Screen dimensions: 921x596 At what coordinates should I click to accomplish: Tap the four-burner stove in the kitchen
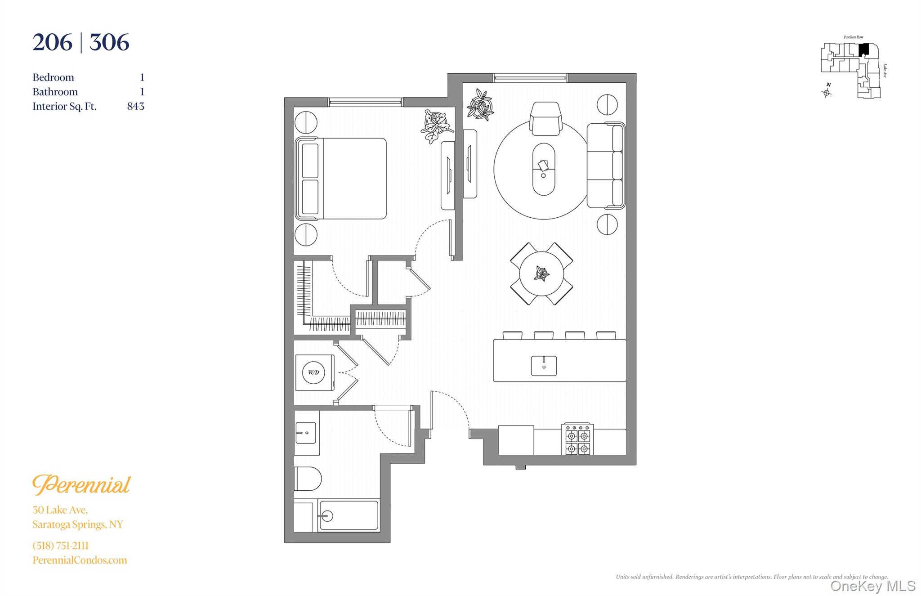pyautogui.click(x=578, y=439)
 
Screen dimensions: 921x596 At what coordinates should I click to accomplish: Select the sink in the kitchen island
pyautogui.click(x=544, y=366)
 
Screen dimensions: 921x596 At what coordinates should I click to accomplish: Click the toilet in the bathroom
pyautogui.click(x=308, y=478)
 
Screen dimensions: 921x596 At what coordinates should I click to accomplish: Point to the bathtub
pyautogui.click(x=349, y=515)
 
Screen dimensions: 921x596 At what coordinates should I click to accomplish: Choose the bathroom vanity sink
pyautogui.click(x=306, y=433)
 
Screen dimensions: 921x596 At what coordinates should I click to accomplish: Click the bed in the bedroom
pyautogui.click(x=340, y=179)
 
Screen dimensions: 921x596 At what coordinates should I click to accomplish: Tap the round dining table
pyautogui.click(x=541, y=273)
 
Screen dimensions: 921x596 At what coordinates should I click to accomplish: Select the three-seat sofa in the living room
pyautogui.click(x=606, y=166)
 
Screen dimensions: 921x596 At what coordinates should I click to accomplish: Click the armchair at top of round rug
pyautogui.click(x=545, y=118)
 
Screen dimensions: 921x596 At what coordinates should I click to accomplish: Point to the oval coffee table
pyautogui.click(x=544, y=169)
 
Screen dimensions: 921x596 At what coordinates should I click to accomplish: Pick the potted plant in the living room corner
pyautogui.click(x=480, y=105)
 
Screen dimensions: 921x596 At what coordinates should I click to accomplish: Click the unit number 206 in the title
pyautogui.click(x=52, y=43)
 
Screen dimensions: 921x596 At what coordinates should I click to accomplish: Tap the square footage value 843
pyautogui.click(x=136, y=106)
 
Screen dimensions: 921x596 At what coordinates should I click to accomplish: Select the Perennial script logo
pyautogui.click(x=81, y=485)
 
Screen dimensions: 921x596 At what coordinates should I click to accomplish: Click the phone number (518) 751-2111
pyautogui.click(x=61, y=546)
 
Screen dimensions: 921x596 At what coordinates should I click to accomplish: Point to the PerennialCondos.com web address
pyautogui.click(x=80, y=560)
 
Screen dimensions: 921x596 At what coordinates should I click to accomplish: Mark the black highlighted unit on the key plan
pyautogui.click(x=863, y=49)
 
